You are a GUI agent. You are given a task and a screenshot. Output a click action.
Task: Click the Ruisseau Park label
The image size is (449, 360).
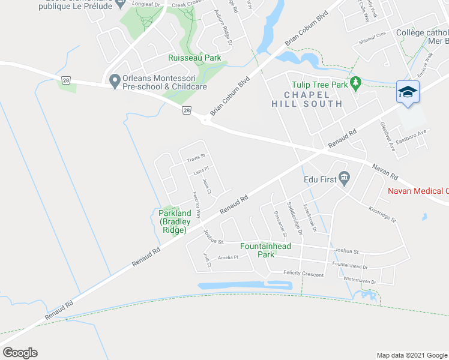point(194,58)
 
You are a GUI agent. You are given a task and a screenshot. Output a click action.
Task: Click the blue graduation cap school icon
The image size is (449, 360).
point(408,92)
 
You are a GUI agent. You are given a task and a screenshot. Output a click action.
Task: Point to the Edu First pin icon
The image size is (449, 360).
point(344,177)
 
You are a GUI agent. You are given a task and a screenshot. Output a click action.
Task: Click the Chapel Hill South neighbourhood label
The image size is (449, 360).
point(306,100)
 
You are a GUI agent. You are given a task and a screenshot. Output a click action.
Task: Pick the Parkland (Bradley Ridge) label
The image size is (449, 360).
point(175,221)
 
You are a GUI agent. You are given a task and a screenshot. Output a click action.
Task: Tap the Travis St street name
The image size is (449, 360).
point(196,159)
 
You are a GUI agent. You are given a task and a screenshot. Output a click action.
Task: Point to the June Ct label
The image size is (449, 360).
point(207,187)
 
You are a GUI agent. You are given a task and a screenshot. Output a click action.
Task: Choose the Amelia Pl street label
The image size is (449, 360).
point(228,257)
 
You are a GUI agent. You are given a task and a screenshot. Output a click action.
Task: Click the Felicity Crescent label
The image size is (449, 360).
point(303,274)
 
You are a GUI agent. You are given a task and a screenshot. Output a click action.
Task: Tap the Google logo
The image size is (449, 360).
point(20,353)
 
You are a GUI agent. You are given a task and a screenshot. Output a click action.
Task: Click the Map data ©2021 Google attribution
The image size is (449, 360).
point(411,355)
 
